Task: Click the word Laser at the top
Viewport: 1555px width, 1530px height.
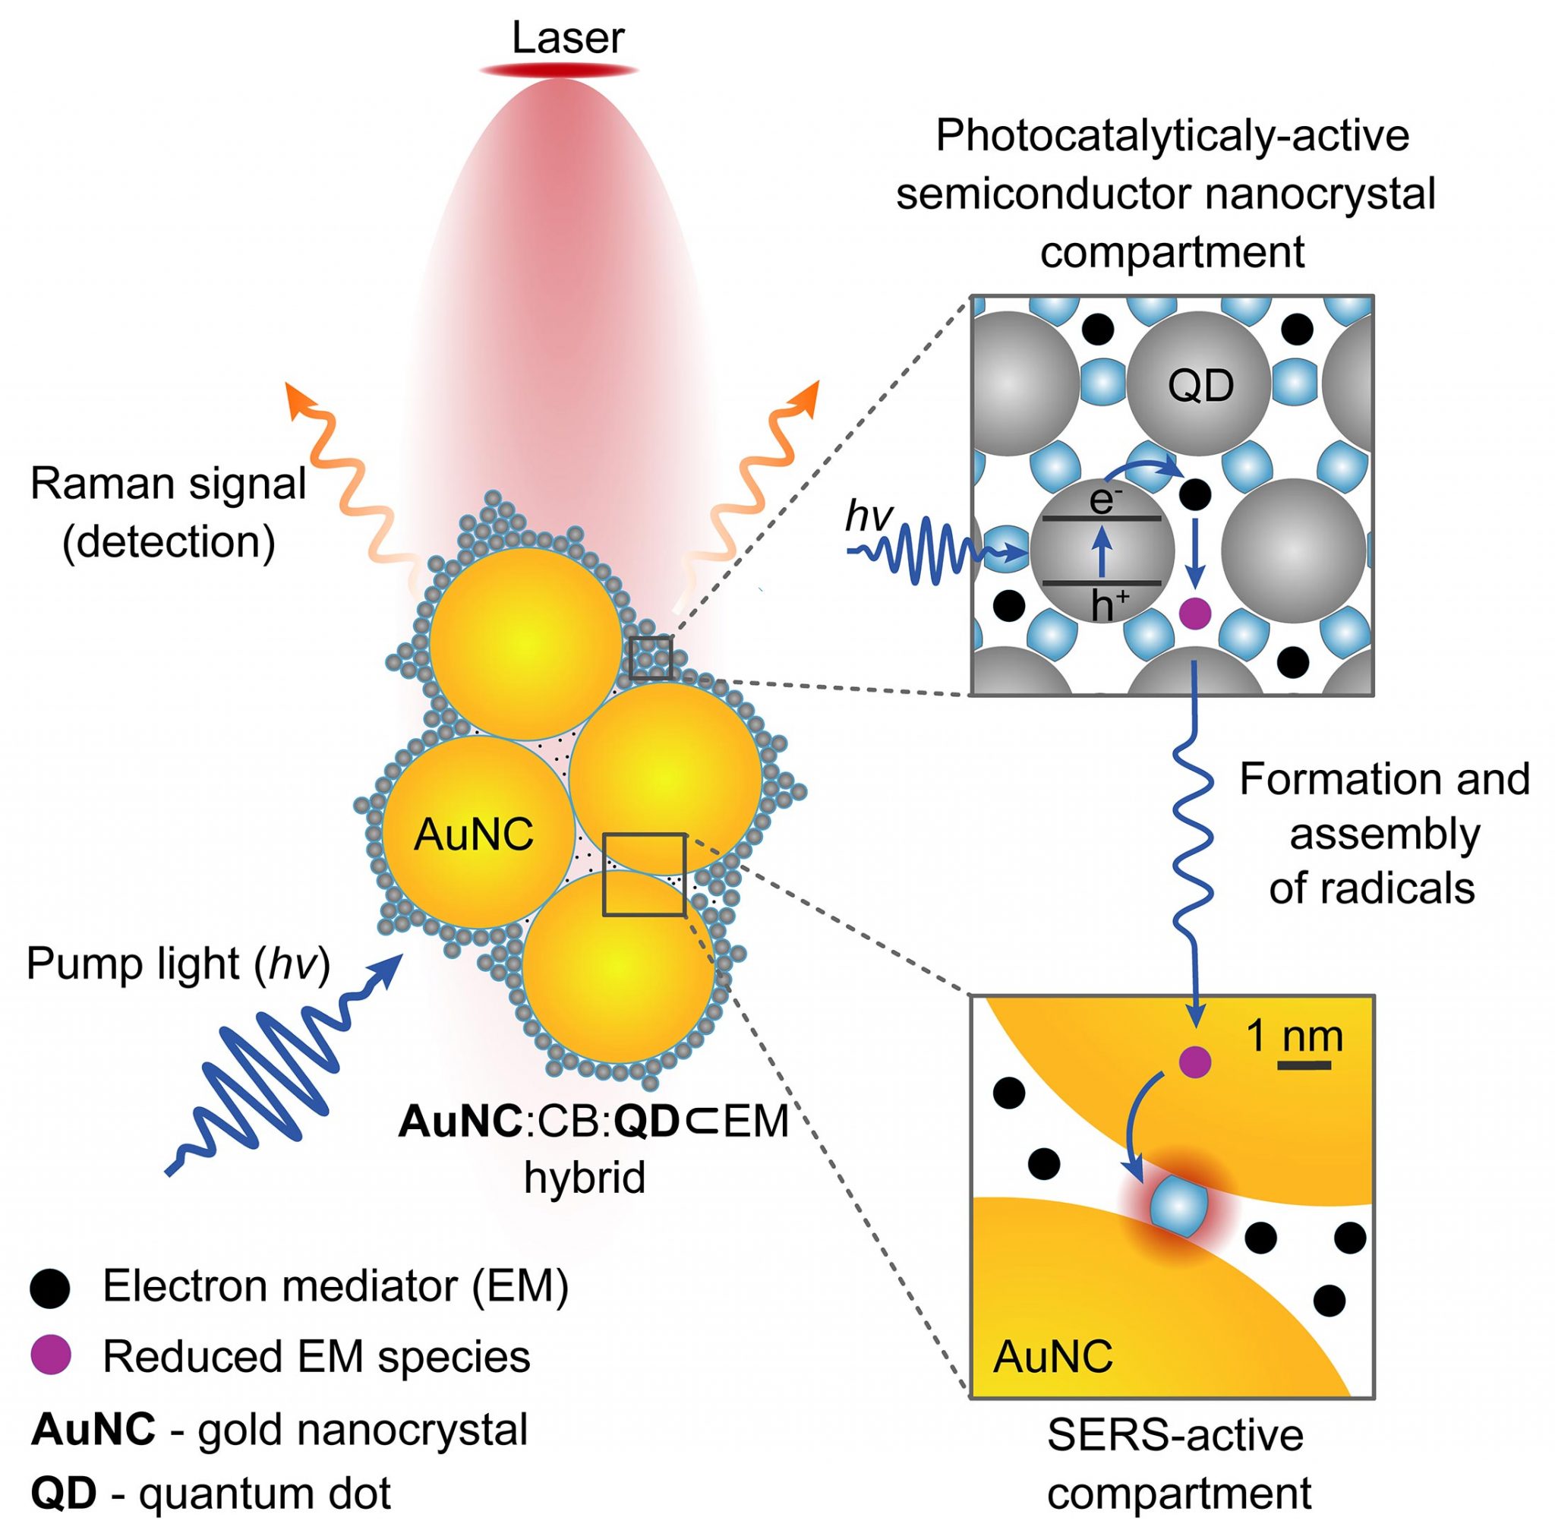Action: pos(567,38)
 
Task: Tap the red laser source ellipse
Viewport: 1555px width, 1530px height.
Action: pos(559,71)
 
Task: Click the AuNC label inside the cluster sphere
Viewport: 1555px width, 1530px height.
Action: pos(473,835)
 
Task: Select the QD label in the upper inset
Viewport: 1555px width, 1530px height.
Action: pos(1200,386)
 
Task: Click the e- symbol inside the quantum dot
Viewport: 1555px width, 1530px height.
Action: pos(1101,500)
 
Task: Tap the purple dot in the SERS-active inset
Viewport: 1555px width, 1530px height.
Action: pos(1194,1062)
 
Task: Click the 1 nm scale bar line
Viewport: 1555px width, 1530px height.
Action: pos(1304,1065)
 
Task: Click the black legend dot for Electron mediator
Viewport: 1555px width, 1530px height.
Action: pos(50,1288)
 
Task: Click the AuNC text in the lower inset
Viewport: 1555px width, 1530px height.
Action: pos(1053,1356)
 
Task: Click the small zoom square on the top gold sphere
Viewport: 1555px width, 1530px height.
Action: pos(651,658)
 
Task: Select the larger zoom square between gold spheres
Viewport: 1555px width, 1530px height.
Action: pos(645,874)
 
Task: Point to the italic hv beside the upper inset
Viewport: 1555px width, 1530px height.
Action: pos(869,515)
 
